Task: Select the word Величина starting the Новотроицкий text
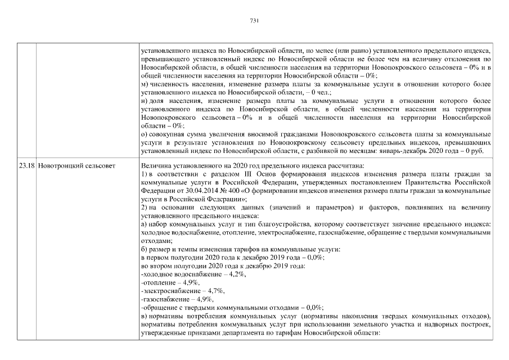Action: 155,166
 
